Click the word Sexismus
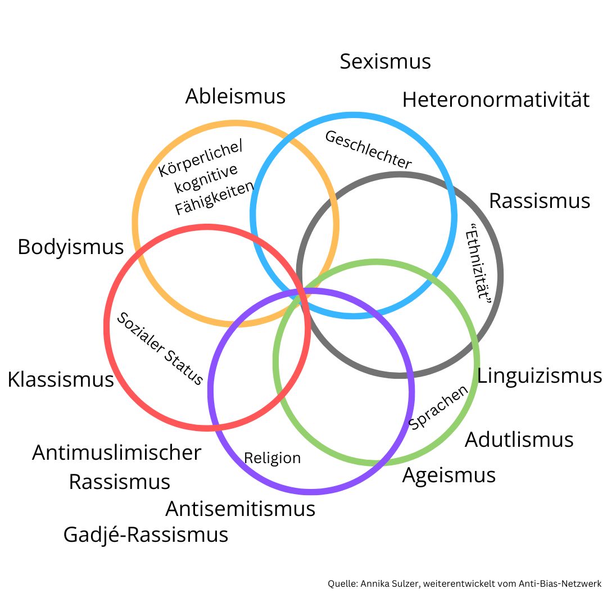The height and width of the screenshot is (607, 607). [x=385, y=61]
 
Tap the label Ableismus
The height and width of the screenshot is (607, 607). [x=235, y=96]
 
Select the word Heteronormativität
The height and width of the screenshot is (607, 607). [x=496, y=100]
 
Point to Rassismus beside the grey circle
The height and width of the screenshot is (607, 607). [x=539, y=201]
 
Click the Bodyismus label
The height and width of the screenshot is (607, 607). [x=70, y=247]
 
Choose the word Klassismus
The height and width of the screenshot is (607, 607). [x=61, y=380]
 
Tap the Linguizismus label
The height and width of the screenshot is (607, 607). [x=539, y=376]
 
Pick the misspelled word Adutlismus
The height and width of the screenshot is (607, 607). [x=519, y=440]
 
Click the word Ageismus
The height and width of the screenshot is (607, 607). [x=449, y=475]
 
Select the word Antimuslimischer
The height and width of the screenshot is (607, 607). [x=116, y=452]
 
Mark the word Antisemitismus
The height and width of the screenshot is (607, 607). [x=240, y=509]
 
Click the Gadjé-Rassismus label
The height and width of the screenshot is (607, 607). [x=146, y=534]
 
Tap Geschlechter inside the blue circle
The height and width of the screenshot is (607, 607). [x=369, y=150]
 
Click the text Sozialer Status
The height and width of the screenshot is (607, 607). [x=160, y=349]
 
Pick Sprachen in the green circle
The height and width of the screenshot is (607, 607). [x=438, y=407]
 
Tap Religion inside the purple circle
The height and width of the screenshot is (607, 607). [x=272, y=458]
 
